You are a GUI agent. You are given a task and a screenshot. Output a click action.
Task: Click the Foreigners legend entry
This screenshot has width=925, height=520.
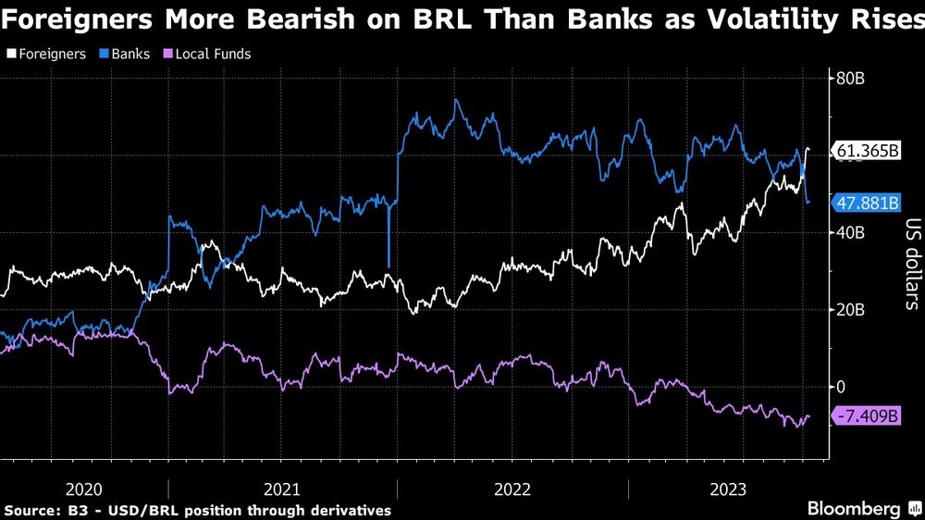pos(51,54)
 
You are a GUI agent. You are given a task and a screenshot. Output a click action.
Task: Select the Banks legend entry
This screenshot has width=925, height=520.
pos(130,54)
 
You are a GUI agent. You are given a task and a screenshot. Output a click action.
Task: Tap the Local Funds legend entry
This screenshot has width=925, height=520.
pos(208,54)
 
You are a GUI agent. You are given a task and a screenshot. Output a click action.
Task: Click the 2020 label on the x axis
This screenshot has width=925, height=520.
pos(84,489)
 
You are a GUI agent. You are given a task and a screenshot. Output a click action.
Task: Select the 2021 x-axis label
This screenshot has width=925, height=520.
pos(282,489)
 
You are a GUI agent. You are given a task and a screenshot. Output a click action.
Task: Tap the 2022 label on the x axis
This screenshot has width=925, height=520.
pos(512,489)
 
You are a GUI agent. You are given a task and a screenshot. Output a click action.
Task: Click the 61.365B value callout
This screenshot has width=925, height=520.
pos(867,152)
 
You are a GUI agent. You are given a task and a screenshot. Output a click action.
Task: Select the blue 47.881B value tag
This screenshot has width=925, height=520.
pos(867,204)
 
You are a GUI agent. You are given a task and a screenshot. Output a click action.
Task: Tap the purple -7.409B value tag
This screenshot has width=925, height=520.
pos(867,417)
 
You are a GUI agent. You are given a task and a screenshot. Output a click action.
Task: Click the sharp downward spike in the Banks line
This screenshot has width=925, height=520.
pos(388,264)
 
